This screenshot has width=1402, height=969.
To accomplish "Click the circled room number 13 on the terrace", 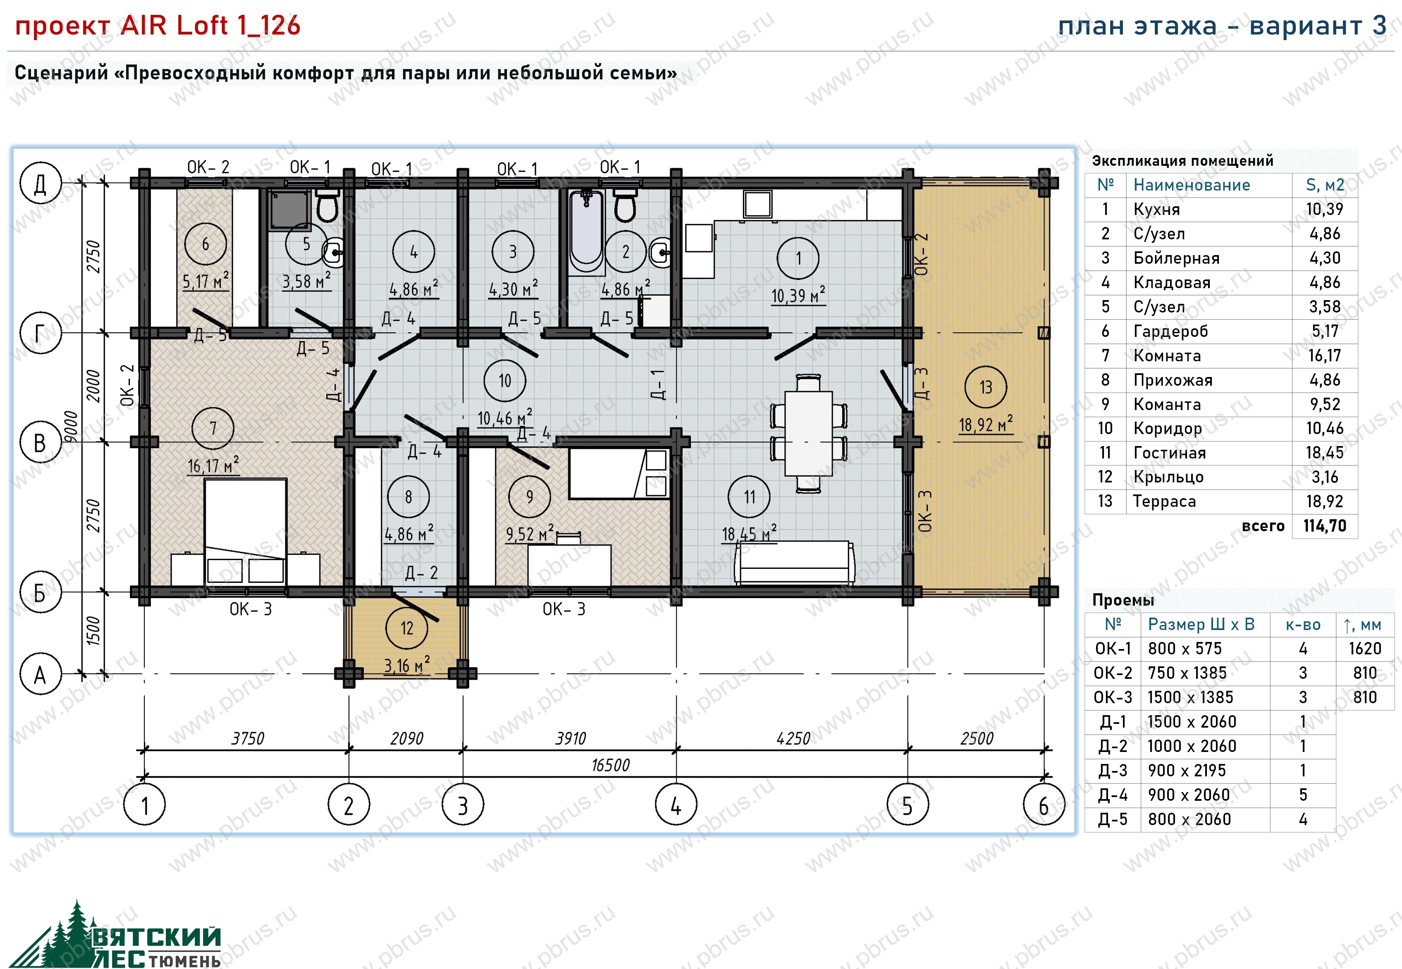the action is click(985, 387).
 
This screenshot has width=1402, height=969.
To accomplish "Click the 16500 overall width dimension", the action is click(610, 765).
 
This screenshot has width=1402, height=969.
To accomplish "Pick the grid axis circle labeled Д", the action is click(41, 183).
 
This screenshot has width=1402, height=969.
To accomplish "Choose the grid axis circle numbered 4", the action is click(676, 804).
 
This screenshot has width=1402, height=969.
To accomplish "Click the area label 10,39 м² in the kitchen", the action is click(798, 295).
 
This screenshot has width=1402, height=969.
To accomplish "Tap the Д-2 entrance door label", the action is click(421, 573).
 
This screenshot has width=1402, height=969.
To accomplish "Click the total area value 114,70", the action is click(1324, 526).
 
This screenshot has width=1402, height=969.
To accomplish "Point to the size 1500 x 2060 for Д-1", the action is click(1191, 721).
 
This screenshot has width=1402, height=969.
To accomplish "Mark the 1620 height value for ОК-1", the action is click(1364, 649).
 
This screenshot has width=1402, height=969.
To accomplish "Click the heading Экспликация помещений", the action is click(1182, 161).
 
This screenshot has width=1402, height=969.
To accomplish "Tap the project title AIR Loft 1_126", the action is click(210, 26).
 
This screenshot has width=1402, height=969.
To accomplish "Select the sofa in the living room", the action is click(794, 563).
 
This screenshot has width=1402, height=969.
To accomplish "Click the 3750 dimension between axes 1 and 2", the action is click(248, 738).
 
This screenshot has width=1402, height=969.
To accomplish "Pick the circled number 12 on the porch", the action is click(407, 628).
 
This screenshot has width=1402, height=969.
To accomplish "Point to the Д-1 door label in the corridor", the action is click(658, 384).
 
